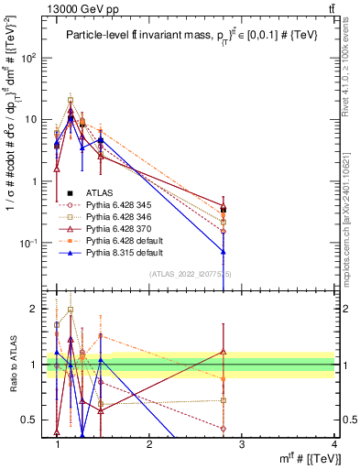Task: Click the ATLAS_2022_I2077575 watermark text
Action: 191,273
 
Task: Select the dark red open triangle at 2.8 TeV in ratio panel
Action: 224,351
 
